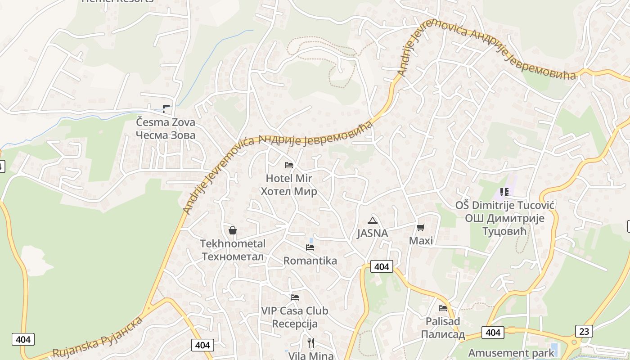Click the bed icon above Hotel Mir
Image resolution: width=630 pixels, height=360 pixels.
click(289, 165)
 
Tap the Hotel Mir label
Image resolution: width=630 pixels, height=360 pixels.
click(289, 185)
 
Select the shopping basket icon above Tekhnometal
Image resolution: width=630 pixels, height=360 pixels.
click(233, 230)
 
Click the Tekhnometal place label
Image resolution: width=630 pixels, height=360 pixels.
click(233, 250)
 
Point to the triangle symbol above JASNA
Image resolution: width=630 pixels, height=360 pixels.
click(372, 220)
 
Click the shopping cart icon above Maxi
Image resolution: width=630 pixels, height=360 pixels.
click(421, 228)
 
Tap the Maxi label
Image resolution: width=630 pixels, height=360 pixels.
click(421, 241)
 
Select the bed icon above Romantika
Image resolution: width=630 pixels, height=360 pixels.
click(310, 247)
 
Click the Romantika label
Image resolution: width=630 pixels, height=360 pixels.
click(310, 261)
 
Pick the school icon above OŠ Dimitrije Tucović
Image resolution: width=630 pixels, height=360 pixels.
click(504, 192)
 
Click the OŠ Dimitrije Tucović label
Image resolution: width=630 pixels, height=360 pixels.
click(504, 218)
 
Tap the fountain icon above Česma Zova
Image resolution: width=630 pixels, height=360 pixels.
click(166, 108)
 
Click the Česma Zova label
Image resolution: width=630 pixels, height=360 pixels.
click(166, 129)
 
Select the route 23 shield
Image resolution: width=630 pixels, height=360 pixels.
click(584, 331)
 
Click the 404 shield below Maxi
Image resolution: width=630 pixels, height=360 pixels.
click(382, 266)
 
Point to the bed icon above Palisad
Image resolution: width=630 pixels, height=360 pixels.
click(443, 308)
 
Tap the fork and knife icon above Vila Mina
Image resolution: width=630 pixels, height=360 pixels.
click(310, 343)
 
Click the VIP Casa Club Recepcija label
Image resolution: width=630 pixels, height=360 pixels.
click(295, 317)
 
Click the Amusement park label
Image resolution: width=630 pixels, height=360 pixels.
click(511, 353)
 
